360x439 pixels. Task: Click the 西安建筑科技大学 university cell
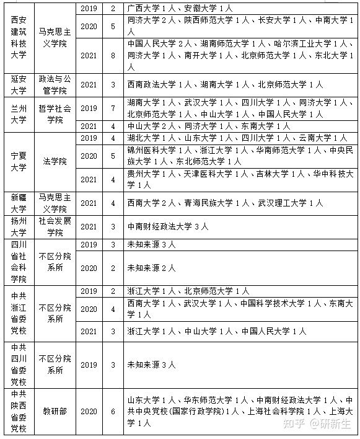coord(19,38)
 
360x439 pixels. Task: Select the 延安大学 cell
coord(19,84)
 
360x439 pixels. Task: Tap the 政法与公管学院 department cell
coord(55,84)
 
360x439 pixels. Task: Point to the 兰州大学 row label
coord(19,113)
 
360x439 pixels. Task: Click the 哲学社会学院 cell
coord(55,113)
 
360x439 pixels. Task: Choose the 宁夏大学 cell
coord(19,161)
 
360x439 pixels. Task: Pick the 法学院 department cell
coord(55,161)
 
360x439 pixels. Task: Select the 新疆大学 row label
coord(19,202)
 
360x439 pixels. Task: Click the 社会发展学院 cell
coord(55,227)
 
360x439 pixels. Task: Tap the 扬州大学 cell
coord(19,227)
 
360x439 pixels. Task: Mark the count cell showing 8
coord(113,55)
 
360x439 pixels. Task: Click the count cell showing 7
coord(113,109)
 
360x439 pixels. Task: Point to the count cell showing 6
coord(113,411)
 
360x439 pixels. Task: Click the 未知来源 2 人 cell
coord(152,268)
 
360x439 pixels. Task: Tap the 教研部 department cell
coord(55,411)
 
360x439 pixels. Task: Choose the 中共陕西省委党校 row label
coord(19,411)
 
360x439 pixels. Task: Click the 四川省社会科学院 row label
coord(19,262)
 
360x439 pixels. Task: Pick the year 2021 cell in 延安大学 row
coord(89,84)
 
